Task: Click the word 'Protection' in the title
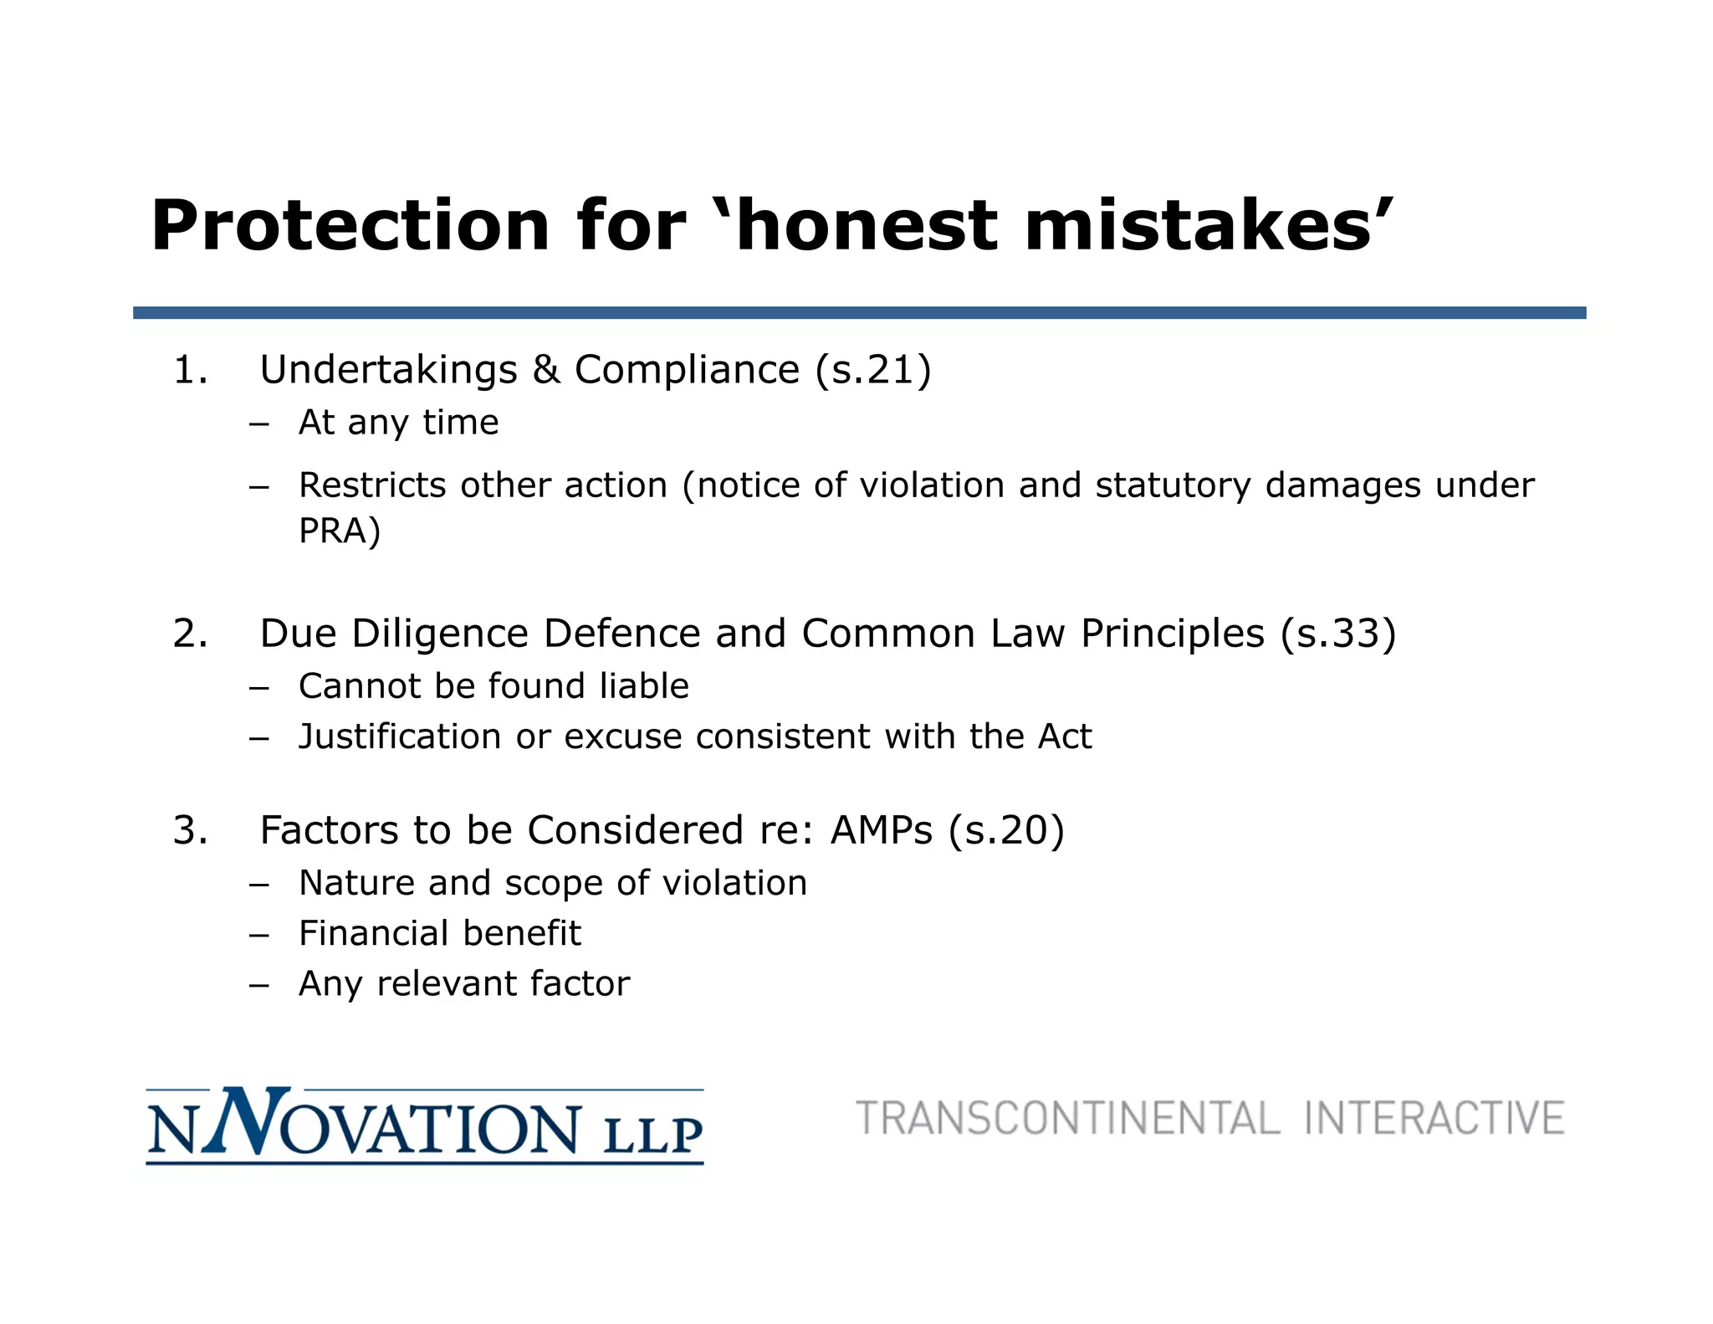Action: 350,226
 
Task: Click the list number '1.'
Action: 191,370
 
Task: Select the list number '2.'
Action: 191,634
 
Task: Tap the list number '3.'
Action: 191,830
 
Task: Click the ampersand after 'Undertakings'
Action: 545,370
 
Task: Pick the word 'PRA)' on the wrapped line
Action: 340,531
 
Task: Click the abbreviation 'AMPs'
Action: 881,830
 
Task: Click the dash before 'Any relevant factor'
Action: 258,984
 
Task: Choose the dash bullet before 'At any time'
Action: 258,423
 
